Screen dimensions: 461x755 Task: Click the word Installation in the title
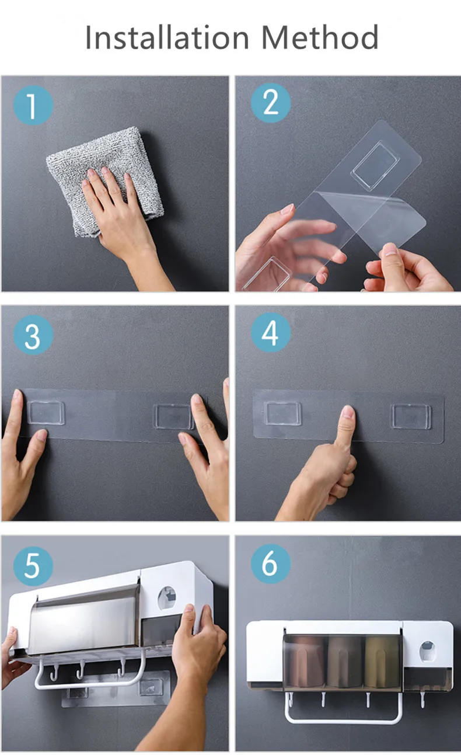pyautogui.click(x=167, y=37)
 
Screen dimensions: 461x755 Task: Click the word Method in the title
pyautogui.click(x=320, y=37)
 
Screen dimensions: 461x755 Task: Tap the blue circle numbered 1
pyautogui.click(x=33, y=106)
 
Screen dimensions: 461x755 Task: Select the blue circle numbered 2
pyautogui.click(x=271, y=103)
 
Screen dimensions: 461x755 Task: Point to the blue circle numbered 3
pyautogui.click(x=33, y=335)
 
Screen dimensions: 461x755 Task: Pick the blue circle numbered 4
pyautogui.click(x=271, y=333)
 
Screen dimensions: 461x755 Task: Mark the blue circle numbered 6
pyautogui.click(x=271, y=563)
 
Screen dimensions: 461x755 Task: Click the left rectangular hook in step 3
pyautogui.click(x=46, y=413)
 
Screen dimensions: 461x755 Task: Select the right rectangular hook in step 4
pyautogui.click(x=411, y=417)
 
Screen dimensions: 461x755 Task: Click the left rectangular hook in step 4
pyautogui.click(x=284, y=413)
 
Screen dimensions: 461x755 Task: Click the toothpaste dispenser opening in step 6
pyautogui.click(x=427, y=652)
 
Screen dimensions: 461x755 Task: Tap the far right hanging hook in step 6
pyautogui.click(x=422, y=699)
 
